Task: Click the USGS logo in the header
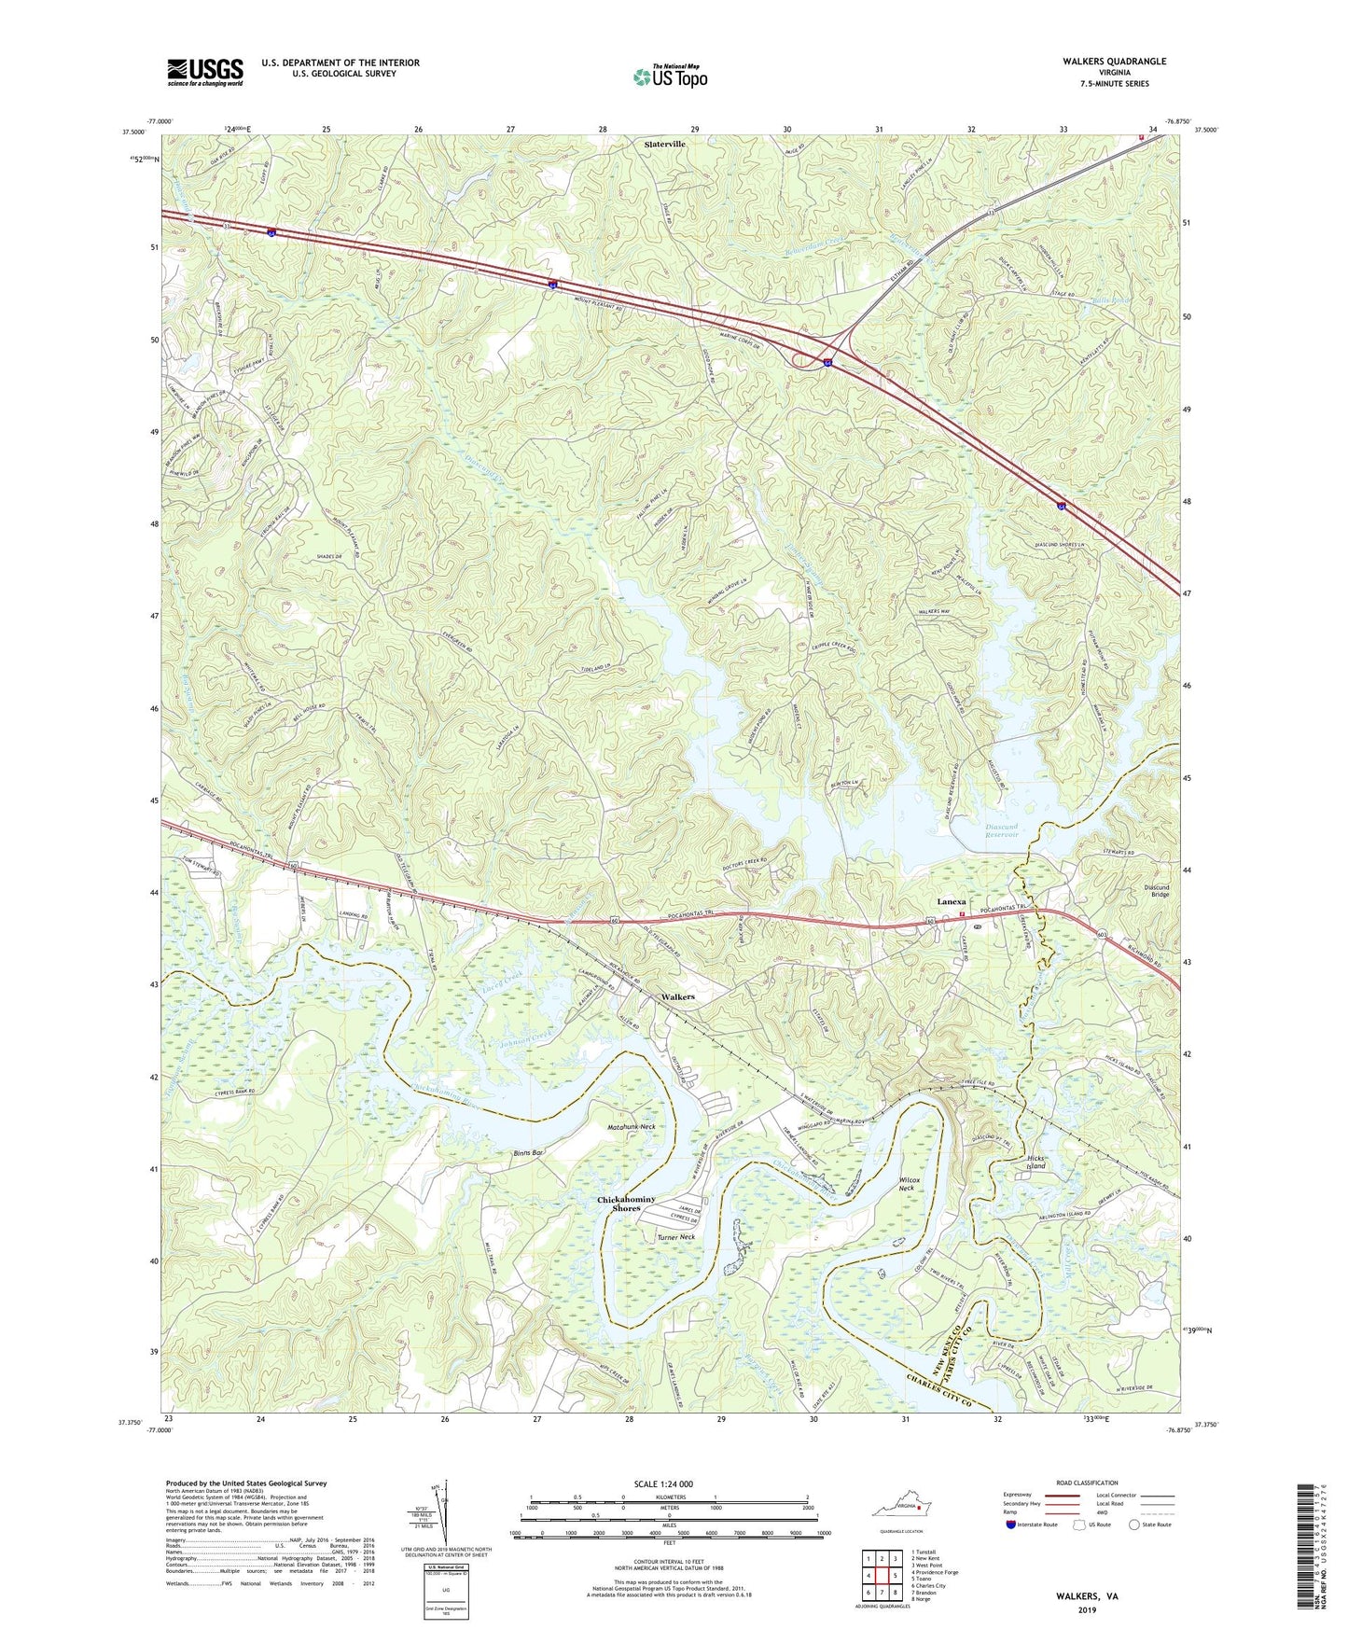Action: [205, 72]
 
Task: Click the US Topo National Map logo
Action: [670, 76]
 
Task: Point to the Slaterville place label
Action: [665, 145]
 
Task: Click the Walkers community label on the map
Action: [677, 996]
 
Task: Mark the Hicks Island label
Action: [1035, 1162]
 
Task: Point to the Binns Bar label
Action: [528, 1153]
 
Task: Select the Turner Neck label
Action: [675, 1237]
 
